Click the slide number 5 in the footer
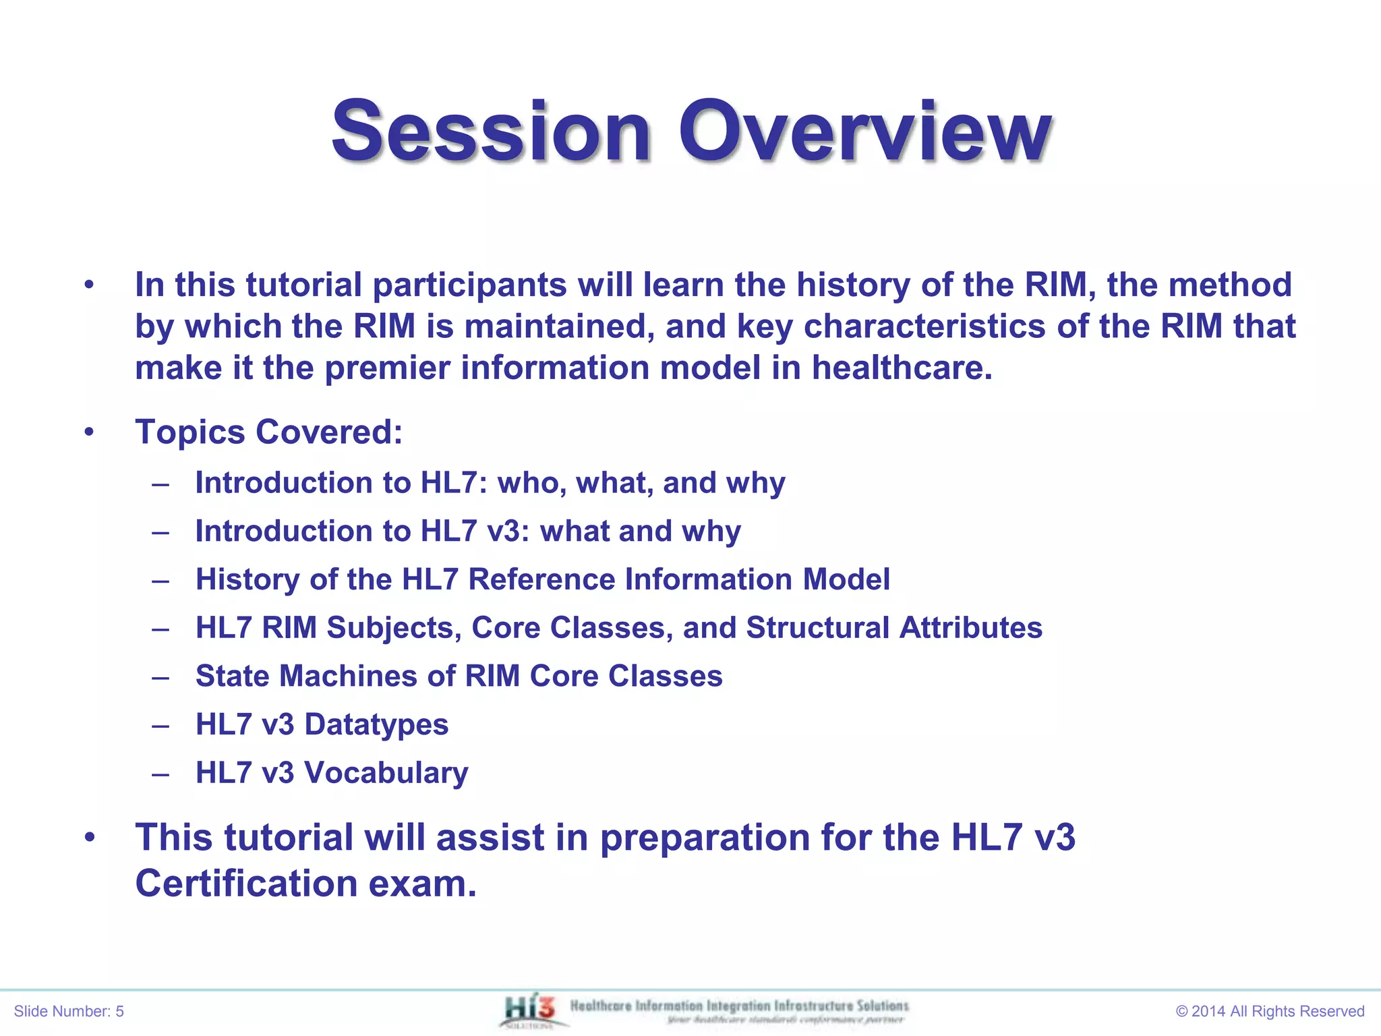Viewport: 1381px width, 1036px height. (120, 1011)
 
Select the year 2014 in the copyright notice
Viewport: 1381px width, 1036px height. (1208, 1011)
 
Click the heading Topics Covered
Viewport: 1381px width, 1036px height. (268, 432)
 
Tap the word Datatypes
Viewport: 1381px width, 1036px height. (376, 724)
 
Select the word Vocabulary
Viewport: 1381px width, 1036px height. (386, 773)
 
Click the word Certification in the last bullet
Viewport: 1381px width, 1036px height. (246, 884)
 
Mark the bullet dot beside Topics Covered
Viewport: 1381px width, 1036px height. (90, 432)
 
